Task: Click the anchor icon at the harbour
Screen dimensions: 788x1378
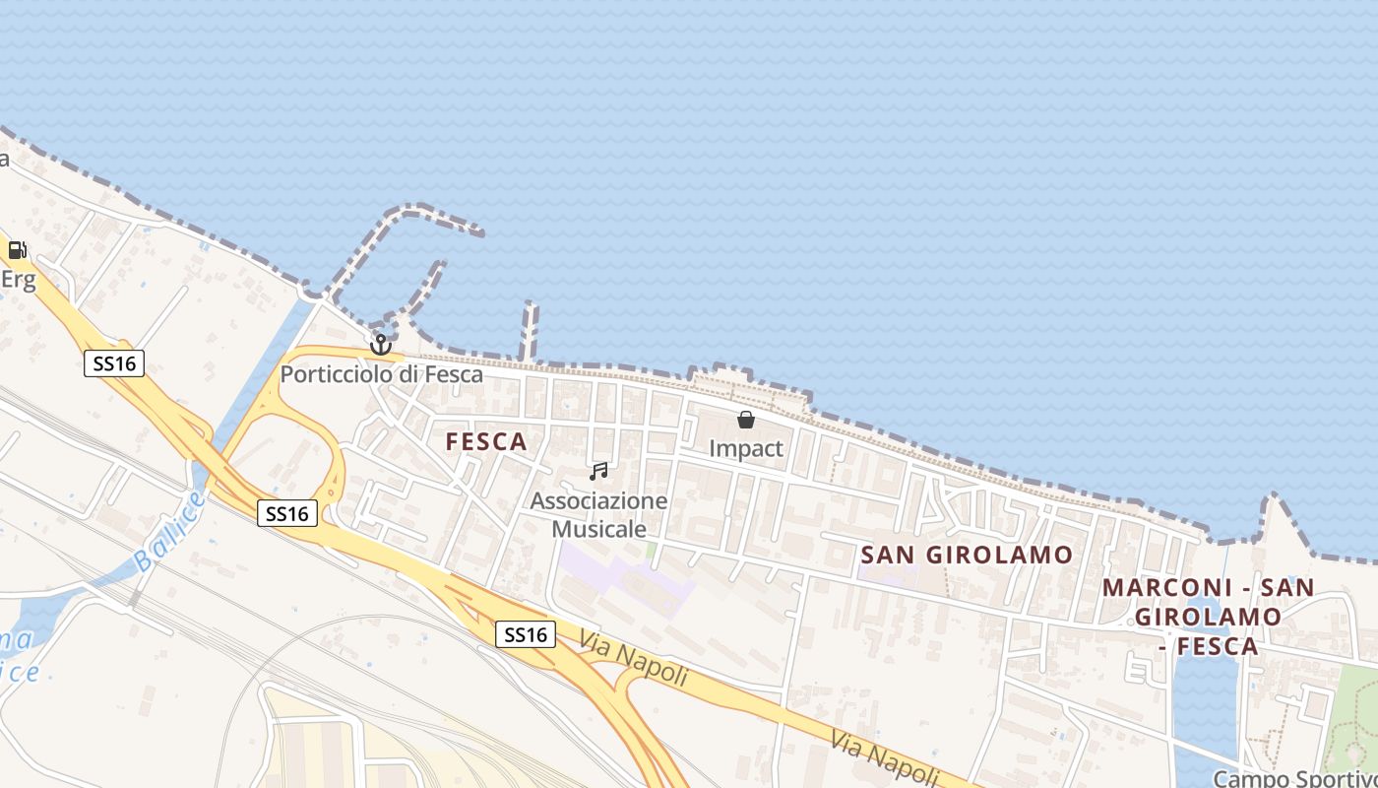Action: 381,345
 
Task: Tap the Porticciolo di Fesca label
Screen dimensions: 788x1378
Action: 382,374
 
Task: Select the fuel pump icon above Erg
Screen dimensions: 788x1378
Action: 17,250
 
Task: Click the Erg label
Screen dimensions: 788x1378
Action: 18,280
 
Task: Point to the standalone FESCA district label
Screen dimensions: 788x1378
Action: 486,442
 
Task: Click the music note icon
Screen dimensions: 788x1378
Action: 597,472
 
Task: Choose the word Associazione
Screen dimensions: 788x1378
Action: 598,500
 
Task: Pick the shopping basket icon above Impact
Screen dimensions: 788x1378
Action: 746,420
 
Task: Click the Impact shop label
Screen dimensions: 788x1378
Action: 746,448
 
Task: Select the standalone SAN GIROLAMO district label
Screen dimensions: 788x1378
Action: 967,555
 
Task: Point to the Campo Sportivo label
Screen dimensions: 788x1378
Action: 1294,778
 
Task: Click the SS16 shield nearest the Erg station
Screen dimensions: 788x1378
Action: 114,363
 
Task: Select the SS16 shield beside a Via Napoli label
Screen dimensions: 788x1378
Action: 525,634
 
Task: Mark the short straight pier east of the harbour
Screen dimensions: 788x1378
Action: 530,331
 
